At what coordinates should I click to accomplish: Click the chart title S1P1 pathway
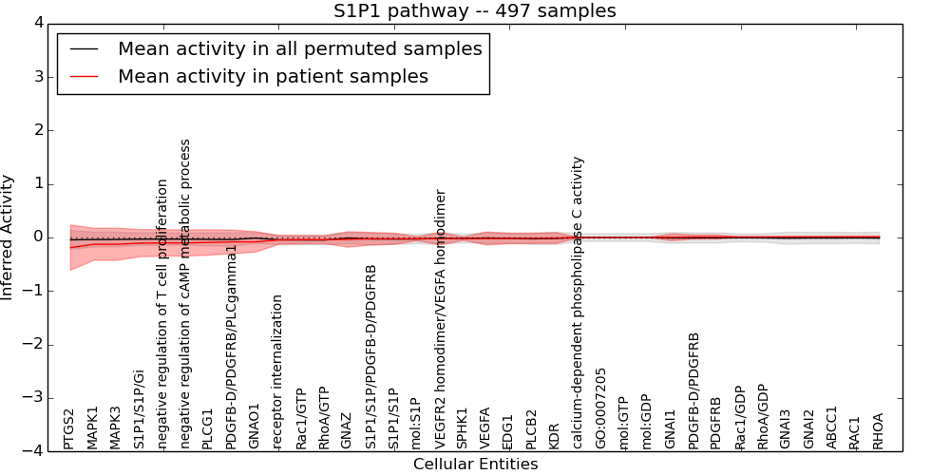(474, 11)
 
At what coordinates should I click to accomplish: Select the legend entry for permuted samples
(300, 49)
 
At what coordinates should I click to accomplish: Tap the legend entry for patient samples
(273, 76)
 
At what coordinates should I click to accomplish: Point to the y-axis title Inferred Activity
(9, 237)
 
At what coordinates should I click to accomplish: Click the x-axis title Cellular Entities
(475, 464)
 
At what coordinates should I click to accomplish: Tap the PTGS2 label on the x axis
(69, 428)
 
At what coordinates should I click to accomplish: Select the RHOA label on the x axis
(879, 430)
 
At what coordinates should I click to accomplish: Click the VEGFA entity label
(485, 427)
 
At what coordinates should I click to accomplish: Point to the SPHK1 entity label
(463, 427)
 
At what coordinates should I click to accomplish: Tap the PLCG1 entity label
(208, 427)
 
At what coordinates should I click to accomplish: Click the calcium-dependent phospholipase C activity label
(578, 302)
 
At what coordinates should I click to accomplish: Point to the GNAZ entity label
(347, 429)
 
